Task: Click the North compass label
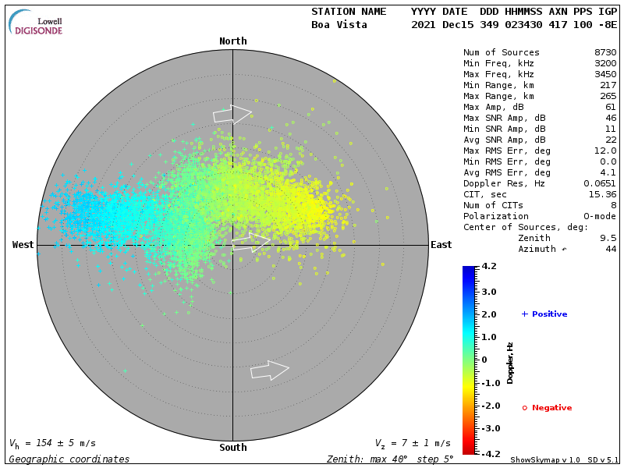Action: point(232,41)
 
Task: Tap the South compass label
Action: point(232,448)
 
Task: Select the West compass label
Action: point(23,245)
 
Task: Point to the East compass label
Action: point(441,245)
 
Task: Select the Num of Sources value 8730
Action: point(604,53)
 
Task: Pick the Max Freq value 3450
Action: point(604,75)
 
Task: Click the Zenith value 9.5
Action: point(608,239)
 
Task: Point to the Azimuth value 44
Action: point(611,250)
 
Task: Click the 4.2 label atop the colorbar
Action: point(489,267)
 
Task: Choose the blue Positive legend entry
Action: point(544,314)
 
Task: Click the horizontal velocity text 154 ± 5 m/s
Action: point(58,444)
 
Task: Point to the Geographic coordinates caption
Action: point(69,459)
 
